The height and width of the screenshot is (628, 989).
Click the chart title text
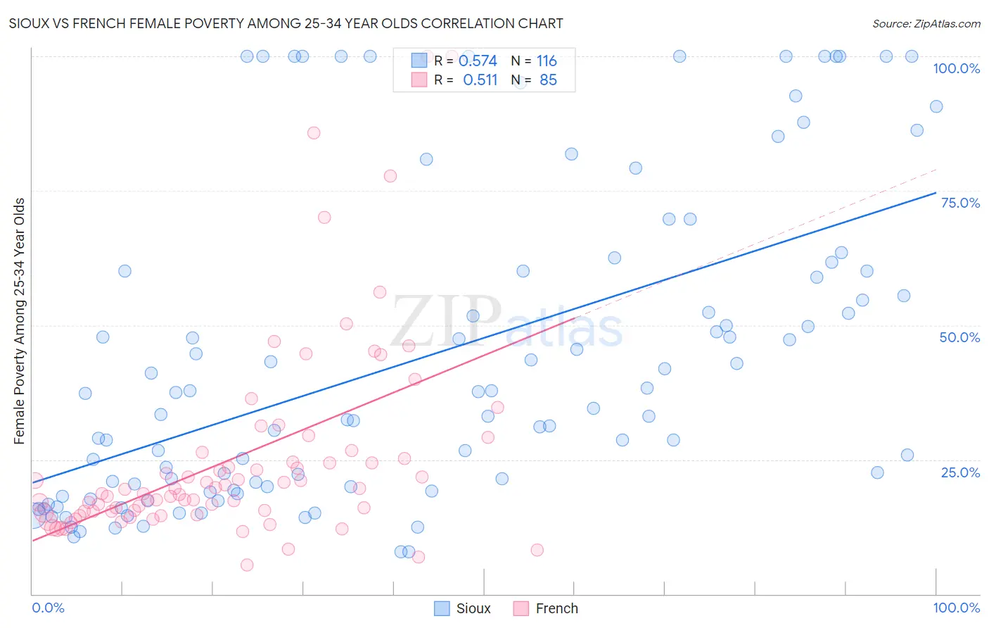(286, 23)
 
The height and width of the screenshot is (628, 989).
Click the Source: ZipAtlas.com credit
(926, 23)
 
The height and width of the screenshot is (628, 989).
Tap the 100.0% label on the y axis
(956, 68)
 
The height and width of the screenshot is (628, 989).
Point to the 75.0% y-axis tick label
(960, 203)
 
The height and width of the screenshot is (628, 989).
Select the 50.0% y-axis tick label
(959, 337)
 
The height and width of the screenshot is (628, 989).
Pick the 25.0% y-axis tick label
(960, 472)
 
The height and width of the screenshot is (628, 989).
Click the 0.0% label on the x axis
(48, 608)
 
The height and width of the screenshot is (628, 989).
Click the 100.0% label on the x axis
(956, 608)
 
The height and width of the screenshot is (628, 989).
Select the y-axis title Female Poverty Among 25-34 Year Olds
(20, 321)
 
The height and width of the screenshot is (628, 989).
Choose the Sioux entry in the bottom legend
(473, 608)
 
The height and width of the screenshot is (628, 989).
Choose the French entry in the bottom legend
(556, 608)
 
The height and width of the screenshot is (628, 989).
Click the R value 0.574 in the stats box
(478, 61)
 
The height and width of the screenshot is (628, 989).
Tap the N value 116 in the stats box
(547, 61)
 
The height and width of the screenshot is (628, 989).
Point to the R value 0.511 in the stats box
(480, 80)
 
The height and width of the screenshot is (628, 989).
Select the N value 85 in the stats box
(548, 80)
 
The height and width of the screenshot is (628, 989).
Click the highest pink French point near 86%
(314, 133)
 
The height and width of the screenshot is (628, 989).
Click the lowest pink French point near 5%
(247, 565)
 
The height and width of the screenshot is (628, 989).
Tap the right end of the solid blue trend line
(936, 192)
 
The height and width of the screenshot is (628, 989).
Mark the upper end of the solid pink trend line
(575, 318)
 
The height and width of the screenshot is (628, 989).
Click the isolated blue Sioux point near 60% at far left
(125, 271)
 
